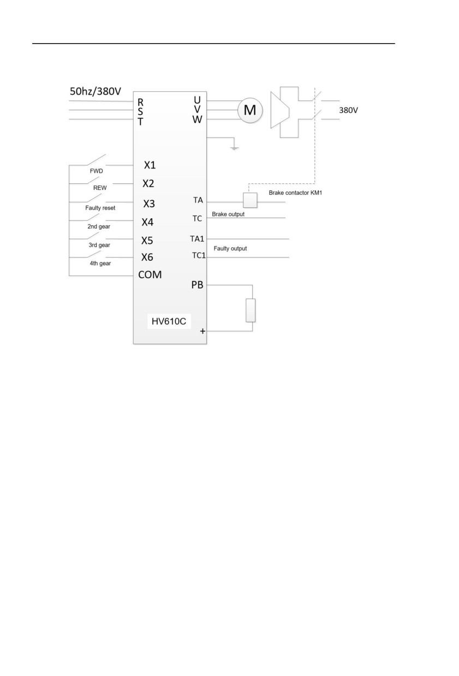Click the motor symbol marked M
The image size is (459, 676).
250,110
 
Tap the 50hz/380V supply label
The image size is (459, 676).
96,91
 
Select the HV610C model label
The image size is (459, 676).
169,321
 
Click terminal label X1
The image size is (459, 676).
150,165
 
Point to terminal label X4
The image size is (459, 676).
148,222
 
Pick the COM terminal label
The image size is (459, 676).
150,274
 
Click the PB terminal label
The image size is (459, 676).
197,285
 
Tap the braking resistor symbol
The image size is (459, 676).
251,310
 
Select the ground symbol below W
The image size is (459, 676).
234,148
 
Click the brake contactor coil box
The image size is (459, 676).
250,200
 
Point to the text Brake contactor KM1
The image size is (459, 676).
295,193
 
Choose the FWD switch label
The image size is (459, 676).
96,171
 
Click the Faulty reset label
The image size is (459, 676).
100,208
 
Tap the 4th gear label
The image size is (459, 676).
100,263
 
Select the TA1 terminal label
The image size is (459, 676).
197,239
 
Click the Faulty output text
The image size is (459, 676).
230,248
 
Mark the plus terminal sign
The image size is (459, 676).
202,331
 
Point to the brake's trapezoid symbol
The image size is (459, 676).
279,110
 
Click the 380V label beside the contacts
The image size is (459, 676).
348,110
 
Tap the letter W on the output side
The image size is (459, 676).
197,119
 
